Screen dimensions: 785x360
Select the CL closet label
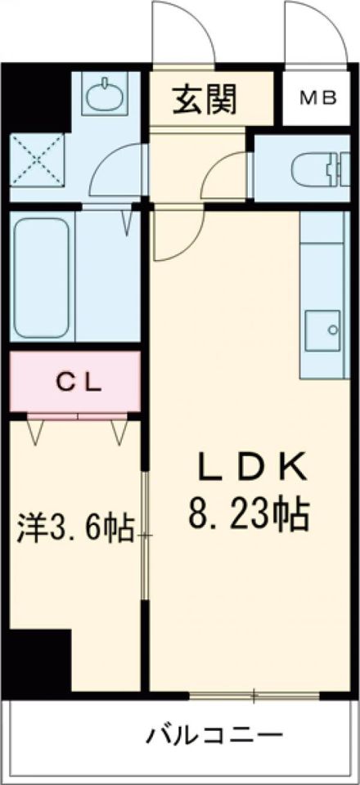pyautogui.click(x=79, y=383)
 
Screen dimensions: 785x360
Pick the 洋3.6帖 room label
pyautogui.click(x=74, y=529)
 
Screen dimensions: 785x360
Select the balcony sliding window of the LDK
pyautogui.click(x=254, y=696)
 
